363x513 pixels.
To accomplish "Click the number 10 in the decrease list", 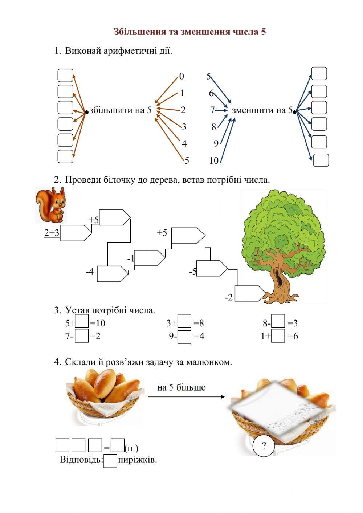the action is point(214,160).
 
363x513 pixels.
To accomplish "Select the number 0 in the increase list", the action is point(181,76).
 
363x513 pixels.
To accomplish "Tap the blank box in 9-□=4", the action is point(184,337).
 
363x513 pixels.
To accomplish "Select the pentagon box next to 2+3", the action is point(76,233).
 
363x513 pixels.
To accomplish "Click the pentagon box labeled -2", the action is point(250,293).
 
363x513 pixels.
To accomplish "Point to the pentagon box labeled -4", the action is point(113,274).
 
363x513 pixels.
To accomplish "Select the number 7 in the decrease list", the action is point(212,110).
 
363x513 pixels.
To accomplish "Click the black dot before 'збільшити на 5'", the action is point(86,112).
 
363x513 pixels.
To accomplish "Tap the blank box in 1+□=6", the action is point(278,336).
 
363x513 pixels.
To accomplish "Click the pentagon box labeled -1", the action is point(149,258).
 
